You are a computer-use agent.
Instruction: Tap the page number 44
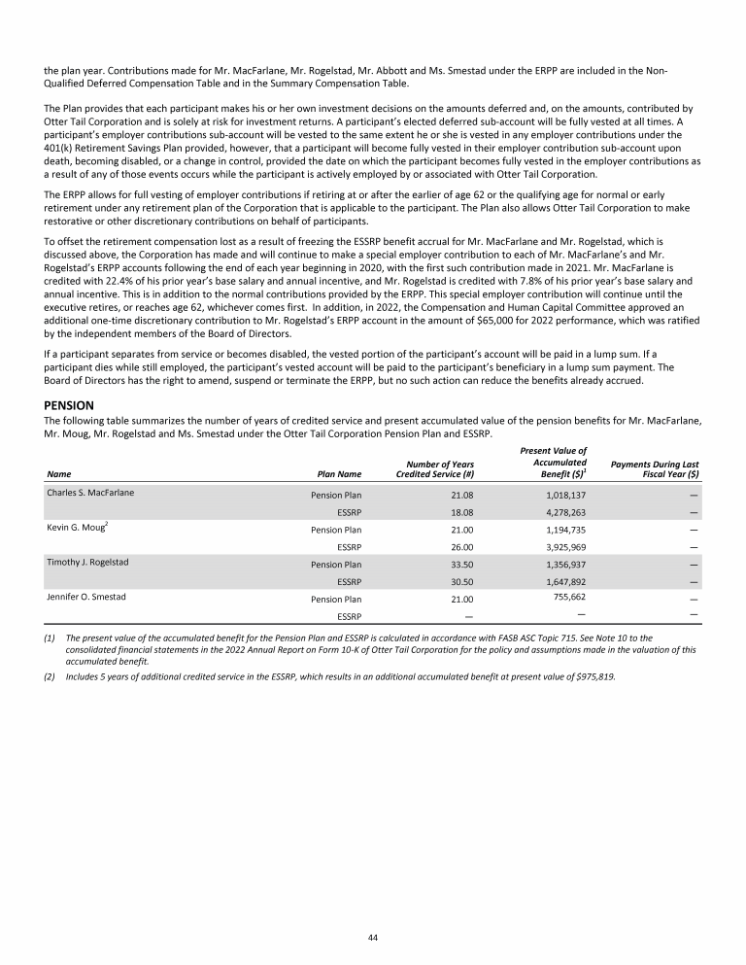pos(372,937)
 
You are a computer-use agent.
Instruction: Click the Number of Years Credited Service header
pos(433,468)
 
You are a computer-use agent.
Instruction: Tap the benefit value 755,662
pos(559,598)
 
